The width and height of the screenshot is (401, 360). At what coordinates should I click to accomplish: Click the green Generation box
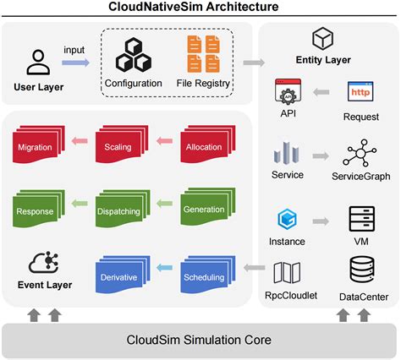tap(204, 210)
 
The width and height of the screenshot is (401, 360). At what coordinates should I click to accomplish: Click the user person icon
tap(36, 62)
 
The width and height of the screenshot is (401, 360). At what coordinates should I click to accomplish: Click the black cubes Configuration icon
tap(133, 55)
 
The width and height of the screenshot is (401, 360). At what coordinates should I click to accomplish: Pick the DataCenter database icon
tap(361, 270)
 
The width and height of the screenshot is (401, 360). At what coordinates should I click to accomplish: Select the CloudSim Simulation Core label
tap(200, 340)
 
